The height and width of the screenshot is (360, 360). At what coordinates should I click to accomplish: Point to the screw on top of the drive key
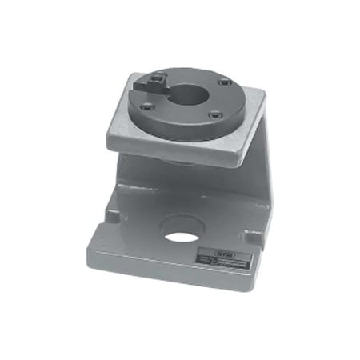pos(159,78)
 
